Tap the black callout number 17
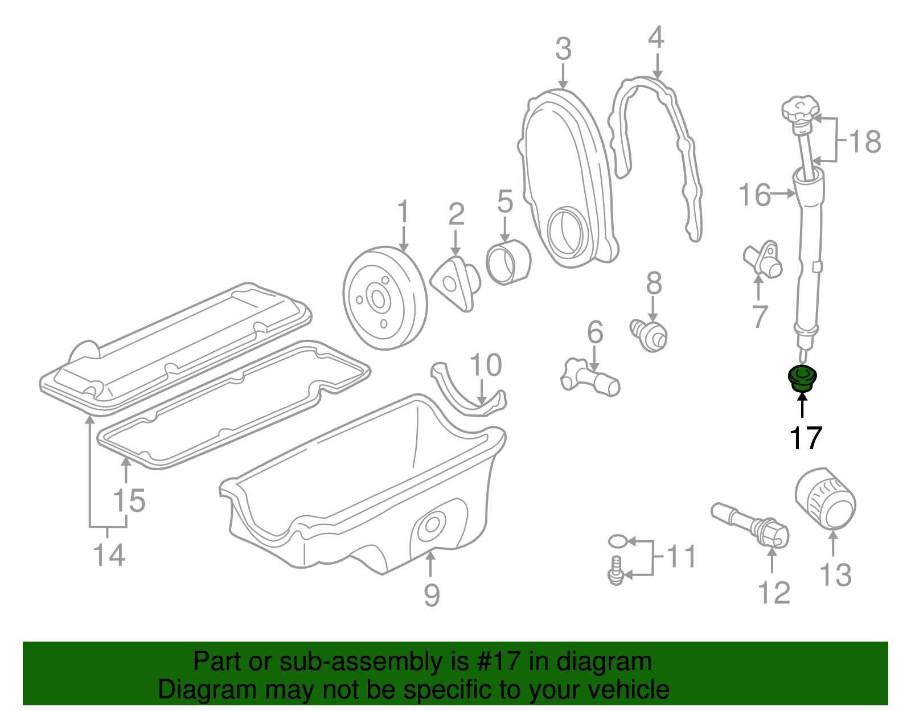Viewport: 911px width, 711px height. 806,439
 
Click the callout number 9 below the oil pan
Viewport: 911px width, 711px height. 432,595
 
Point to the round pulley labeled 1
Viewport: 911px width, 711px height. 384,298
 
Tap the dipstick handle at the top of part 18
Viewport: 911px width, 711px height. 800,108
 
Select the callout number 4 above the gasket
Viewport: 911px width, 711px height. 656,38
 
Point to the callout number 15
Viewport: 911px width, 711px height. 129,501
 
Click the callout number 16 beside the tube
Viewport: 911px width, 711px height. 754,195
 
